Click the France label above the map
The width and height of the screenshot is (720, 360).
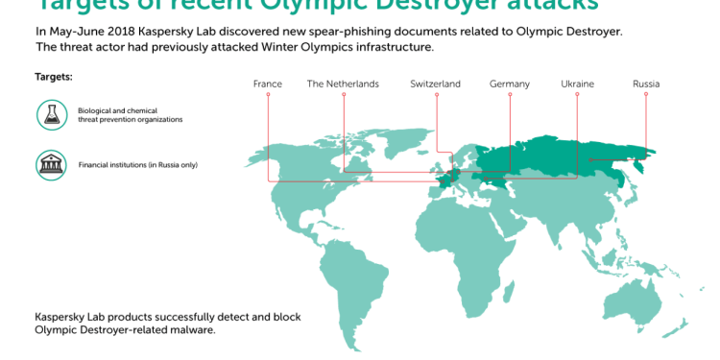268,84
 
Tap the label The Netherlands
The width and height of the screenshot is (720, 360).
343,84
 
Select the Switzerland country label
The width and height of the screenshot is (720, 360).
435,84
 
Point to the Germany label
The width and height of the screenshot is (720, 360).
509,84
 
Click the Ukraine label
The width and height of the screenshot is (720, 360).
577,84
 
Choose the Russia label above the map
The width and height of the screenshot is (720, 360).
646,84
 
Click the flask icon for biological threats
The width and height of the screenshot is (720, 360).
51,116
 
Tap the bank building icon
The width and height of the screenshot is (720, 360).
51,164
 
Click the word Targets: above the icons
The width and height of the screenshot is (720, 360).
54,76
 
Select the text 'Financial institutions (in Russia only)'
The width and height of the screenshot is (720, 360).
137,165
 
